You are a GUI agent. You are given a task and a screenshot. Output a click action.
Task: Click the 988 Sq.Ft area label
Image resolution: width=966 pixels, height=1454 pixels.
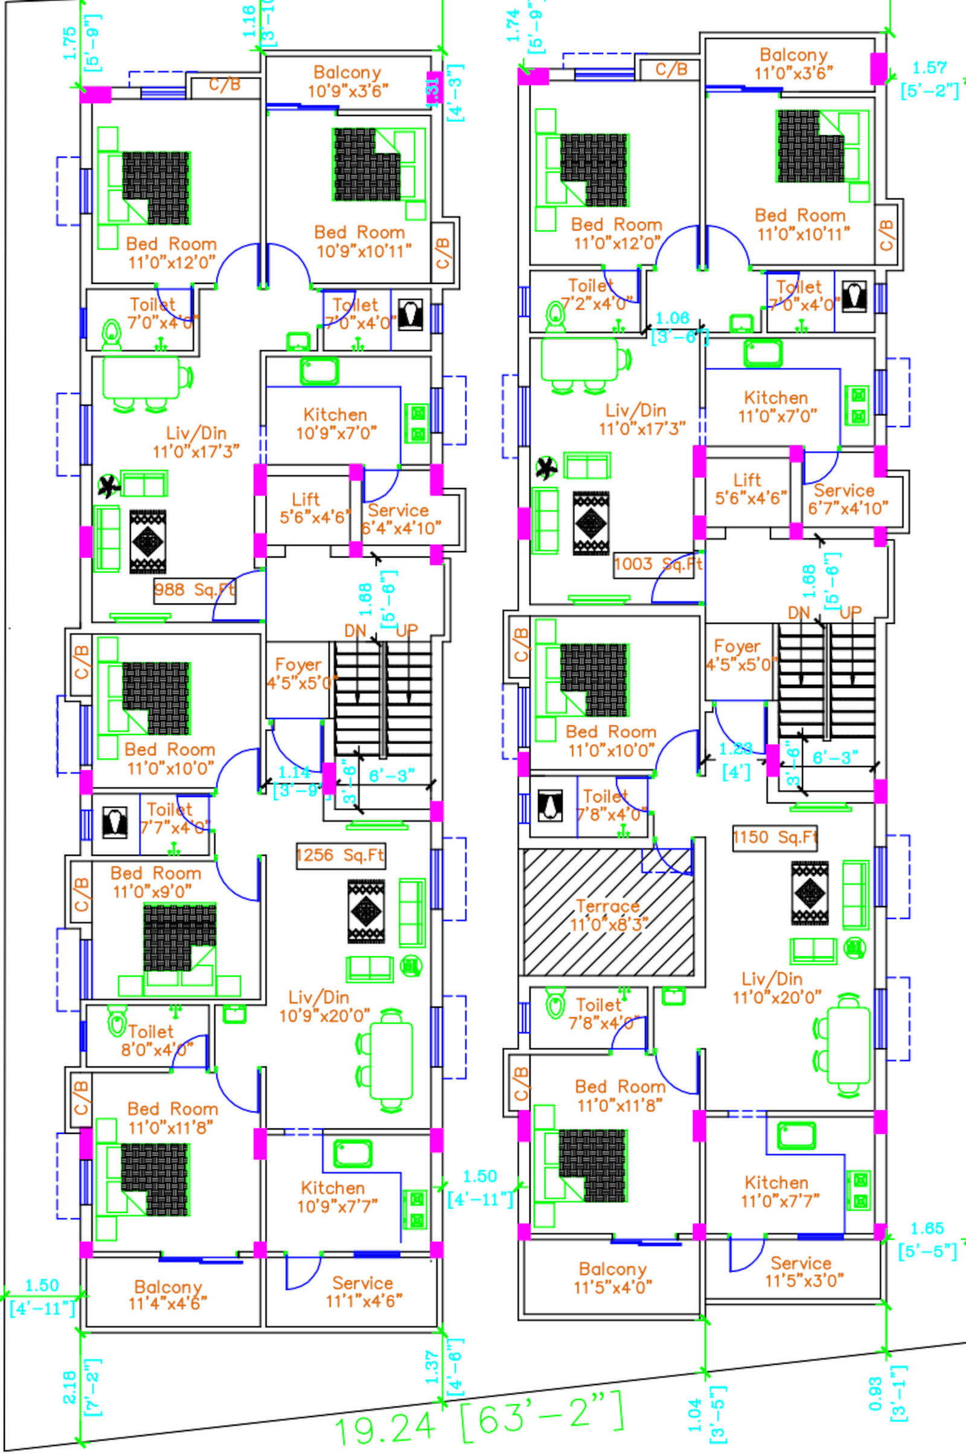click(x=194, y=590)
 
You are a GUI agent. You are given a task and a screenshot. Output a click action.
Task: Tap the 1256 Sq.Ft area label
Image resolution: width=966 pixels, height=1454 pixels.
click(x=340, y=855)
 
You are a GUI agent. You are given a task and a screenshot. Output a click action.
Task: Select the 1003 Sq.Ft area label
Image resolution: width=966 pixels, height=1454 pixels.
click(x=658, y=564)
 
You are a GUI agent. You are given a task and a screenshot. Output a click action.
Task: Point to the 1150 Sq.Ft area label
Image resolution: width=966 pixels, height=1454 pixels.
click(x=775, y=837)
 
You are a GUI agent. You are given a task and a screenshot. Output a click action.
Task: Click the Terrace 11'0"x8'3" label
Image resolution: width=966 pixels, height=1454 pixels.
click(x=608, y=915)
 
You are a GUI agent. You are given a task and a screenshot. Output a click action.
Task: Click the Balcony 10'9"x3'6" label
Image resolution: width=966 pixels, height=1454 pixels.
click(x=348, y=82)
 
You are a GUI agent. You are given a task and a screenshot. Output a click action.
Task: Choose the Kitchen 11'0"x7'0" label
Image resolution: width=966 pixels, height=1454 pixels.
click(x=777, y=407)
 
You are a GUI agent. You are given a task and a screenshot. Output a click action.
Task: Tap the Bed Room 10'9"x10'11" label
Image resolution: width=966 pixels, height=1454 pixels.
click(x=361, y=242)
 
